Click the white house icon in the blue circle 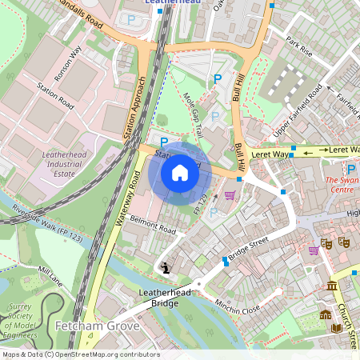click(180, 172)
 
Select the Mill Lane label click(50, 277)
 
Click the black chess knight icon click(166, 269)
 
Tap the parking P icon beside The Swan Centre click(351, 169)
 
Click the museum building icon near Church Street click(332, 286)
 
